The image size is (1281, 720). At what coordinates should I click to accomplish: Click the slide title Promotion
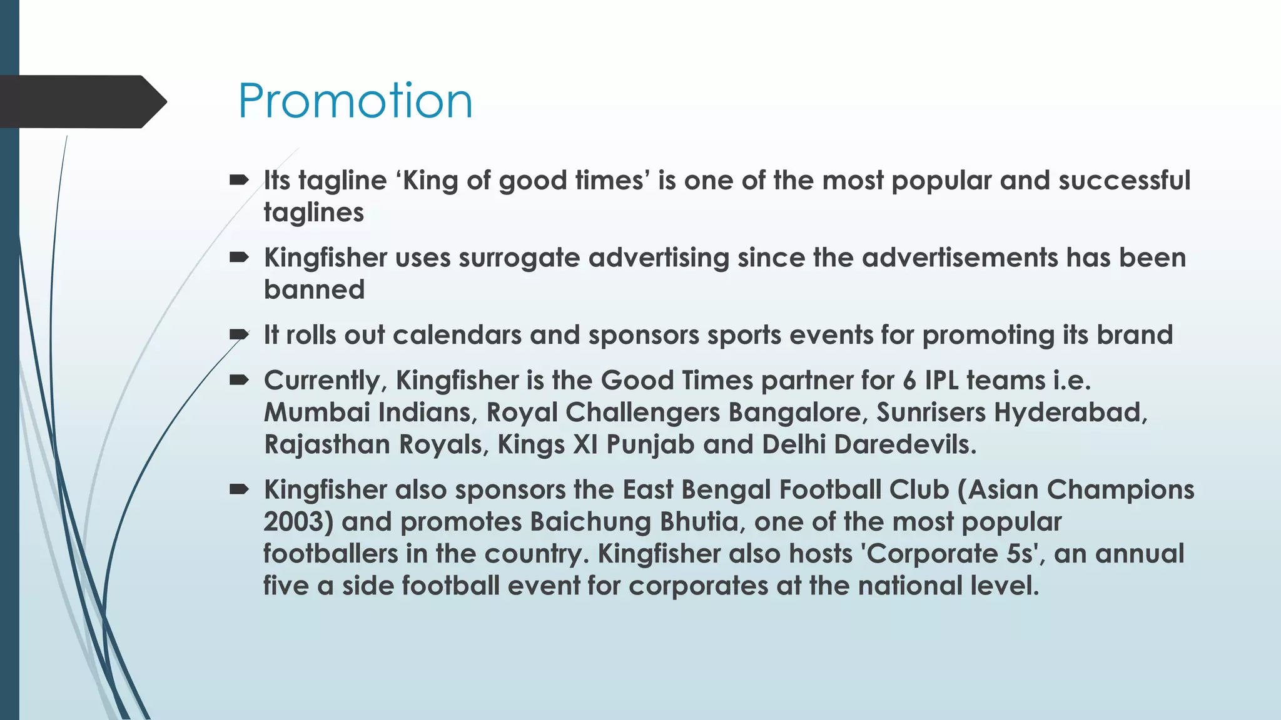(x=355, y=101)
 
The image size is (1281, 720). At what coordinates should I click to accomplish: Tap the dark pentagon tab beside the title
(x=81, y=102)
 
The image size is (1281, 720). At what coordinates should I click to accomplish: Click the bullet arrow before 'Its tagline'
(x=239, y=181)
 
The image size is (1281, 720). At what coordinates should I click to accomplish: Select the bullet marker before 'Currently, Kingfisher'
(x=239, y=381)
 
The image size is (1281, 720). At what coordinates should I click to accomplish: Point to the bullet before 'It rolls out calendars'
(x=239, y=336)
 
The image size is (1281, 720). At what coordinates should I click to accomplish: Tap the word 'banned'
(x=314, y=290)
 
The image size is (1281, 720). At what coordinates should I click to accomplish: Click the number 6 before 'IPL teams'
(x=909, y=381)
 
